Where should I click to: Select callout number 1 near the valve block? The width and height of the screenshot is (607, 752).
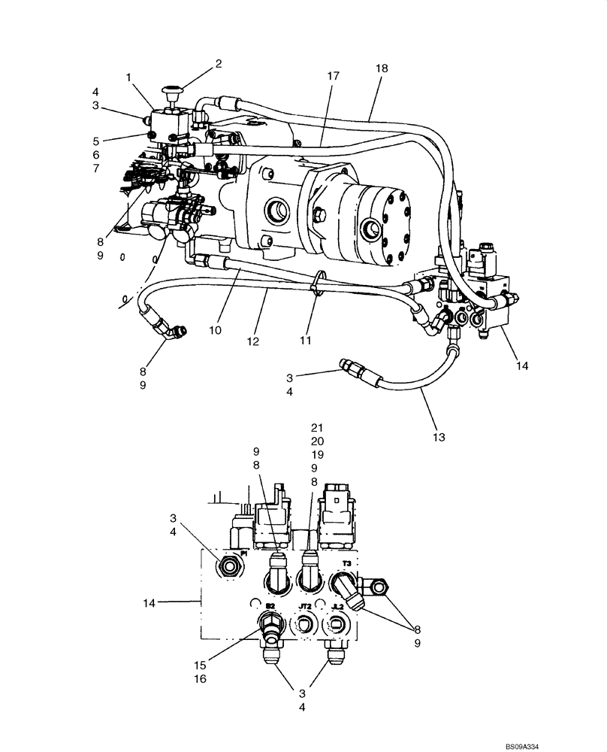point(128,77)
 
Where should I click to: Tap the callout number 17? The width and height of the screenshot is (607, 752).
point(334,76)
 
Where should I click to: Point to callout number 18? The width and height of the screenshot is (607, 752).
point(382,68)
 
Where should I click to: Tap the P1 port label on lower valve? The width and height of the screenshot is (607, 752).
point(243,553)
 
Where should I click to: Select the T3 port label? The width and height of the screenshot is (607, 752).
point(346,562)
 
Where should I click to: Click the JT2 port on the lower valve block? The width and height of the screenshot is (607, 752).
point(305,623)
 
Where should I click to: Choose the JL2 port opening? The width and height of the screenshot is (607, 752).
point(338,624)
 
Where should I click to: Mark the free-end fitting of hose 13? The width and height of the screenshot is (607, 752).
point(352,369)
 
